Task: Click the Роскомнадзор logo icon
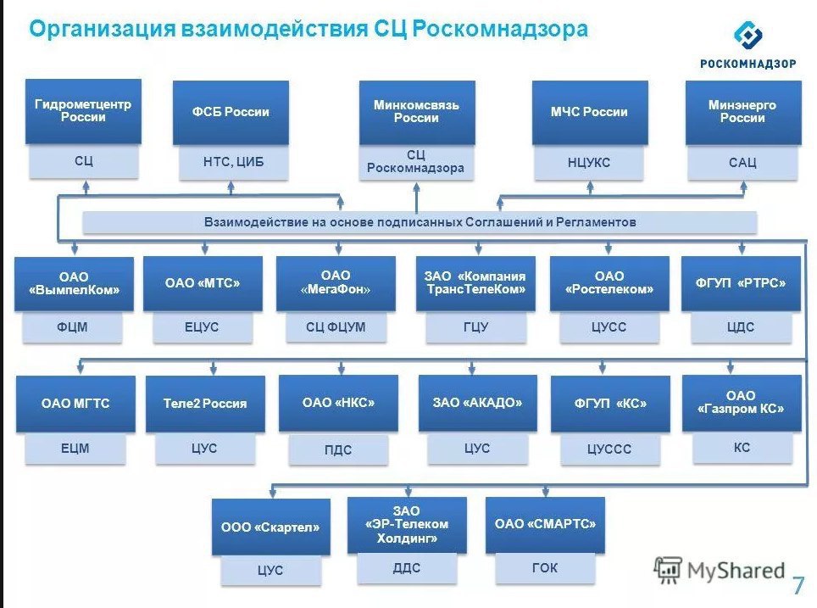[x=748, y=35]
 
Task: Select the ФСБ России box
[x=231, y=112]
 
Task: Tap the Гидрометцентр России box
[x=83, y=111]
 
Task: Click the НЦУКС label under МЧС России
[x=589, y=163]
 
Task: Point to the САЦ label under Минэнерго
[x=742, y=163]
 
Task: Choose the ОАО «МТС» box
[x=203, y=283]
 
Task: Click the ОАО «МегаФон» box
[x=336, y=283]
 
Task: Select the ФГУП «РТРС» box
[x=741, y=283]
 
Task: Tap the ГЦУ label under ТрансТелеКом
[x=475, y=327]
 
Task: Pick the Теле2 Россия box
[x=205, y=403]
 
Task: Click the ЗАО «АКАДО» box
[x=478, y=403]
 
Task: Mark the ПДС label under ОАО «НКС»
[x=338, y=449]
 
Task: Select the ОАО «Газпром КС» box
[x=742, y=403]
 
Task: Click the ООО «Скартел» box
[x=271, y=527]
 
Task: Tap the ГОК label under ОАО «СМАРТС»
[x=545, y=567]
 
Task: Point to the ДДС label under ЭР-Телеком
[x=407, y=568]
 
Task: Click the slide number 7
[x=798, y=585]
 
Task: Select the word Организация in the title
[x=102, y=29]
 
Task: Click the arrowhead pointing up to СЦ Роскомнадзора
[x=416, y=189]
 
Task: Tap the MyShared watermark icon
[x=668, y=570]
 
